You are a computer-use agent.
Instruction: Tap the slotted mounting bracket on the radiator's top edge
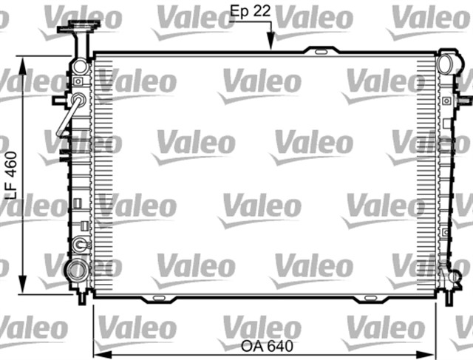(x=319, y=52)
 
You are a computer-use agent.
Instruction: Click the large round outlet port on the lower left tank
(x=75, y=269)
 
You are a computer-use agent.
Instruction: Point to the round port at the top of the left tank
(x=80, y=67)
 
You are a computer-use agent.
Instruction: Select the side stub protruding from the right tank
(x=463, y=98)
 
